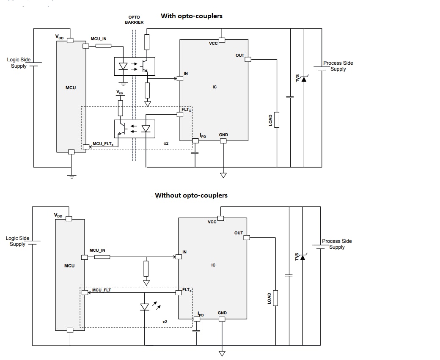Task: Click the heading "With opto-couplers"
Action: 191,16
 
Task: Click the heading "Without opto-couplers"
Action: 191,195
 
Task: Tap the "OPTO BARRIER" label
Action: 134,20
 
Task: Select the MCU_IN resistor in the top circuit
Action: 103,45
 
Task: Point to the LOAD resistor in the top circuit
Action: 277,120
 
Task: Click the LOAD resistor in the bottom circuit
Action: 275,298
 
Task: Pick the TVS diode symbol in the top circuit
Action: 303,78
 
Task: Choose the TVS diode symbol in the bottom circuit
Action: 302,256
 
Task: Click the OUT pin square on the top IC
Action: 248,59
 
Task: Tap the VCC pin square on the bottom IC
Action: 220,218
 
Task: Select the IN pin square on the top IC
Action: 180,78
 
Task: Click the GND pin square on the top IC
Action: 223,141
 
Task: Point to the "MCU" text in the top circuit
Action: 71,88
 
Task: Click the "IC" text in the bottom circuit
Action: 213,265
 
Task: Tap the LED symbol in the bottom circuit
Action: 145,307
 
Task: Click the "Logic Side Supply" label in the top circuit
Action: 19,63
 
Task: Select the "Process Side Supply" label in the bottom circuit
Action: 337,244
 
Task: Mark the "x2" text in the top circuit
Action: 166,143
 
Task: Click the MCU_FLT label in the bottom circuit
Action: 102,290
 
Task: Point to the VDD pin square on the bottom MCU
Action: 69,219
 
